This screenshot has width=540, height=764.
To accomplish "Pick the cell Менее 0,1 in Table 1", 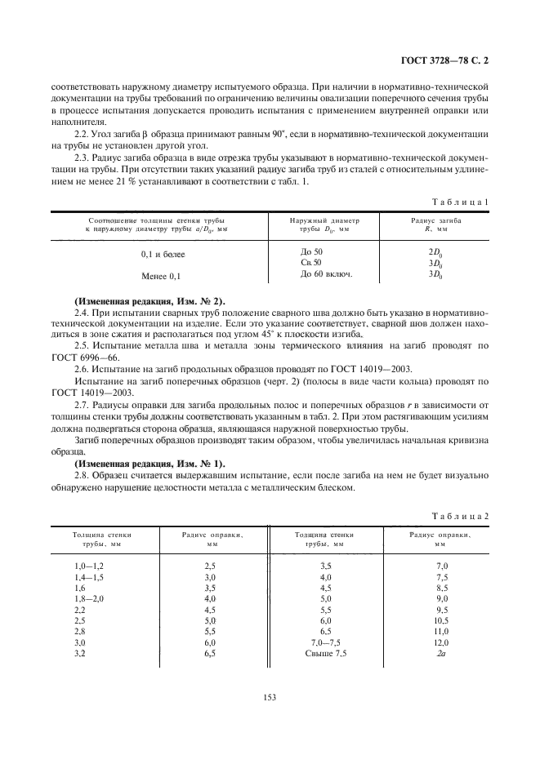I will (161, 277).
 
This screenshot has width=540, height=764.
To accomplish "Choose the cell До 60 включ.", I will (325, 273).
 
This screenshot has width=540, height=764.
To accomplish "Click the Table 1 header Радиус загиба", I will (435, 220).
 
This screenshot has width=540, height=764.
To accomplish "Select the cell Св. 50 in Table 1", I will (311, 263).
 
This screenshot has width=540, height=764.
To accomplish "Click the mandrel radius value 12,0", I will (442, 642).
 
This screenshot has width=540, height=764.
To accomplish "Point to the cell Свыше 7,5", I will (325, 654).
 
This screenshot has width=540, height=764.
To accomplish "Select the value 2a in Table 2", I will (441, 654).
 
